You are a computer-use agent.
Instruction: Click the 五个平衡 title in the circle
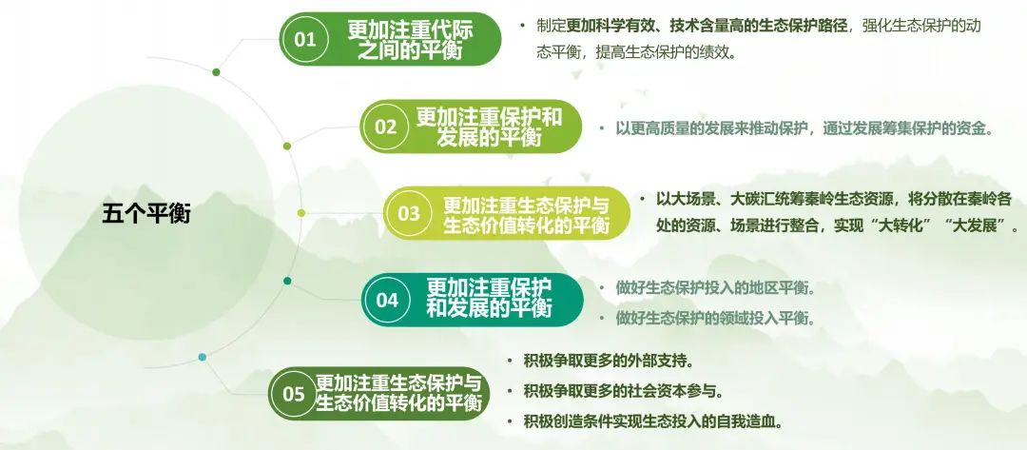146,213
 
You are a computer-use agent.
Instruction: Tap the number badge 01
304,39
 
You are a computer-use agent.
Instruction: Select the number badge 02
386,127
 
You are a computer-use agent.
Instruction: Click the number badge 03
409,213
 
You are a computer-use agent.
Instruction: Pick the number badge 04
387,300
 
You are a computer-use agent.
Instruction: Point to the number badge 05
294,394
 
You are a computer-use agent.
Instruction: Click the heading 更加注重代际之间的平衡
410,39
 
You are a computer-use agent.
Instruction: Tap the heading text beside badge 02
490,127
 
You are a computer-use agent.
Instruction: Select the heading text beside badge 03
527,214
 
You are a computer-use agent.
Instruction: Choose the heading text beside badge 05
398,393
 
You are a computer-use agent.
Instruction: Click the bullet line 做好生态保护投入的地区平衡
715,287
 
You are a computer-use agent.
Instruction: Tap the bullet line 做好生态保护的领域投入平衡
715,319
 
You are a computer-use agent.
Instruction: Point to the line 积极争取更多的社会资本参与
624,391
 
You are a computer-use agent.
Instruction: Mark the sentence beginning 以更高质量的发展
805,128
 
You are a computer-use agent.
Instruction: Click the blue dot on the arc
203,357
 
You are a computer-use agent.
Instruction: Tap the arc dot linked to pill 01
216,72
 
